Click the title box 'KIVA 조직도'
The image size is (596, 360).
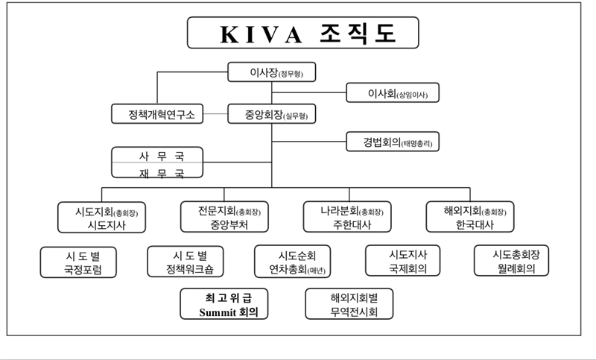pyautogui.click(x=302, y=34)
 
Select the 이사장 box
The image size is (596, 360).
pyautogui.click(x=271, y=73)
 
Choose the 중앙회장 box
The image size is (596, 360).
pyautogui.click(x=271, y=115)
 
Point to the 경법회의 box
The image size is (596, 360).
pyautogui.click(x=391, y=141)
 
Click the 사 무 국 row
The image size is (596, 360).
pyautogui.click(x=157, y=156)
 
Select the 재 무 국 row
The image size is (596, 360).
pyautogui.click(x=157, y=172)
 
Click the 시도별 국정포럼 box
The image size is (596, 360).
pyautogui.click(x=79, y=262)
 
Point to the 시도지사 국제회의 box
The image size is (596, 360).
pyautogui.click(x=403, y=262)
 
